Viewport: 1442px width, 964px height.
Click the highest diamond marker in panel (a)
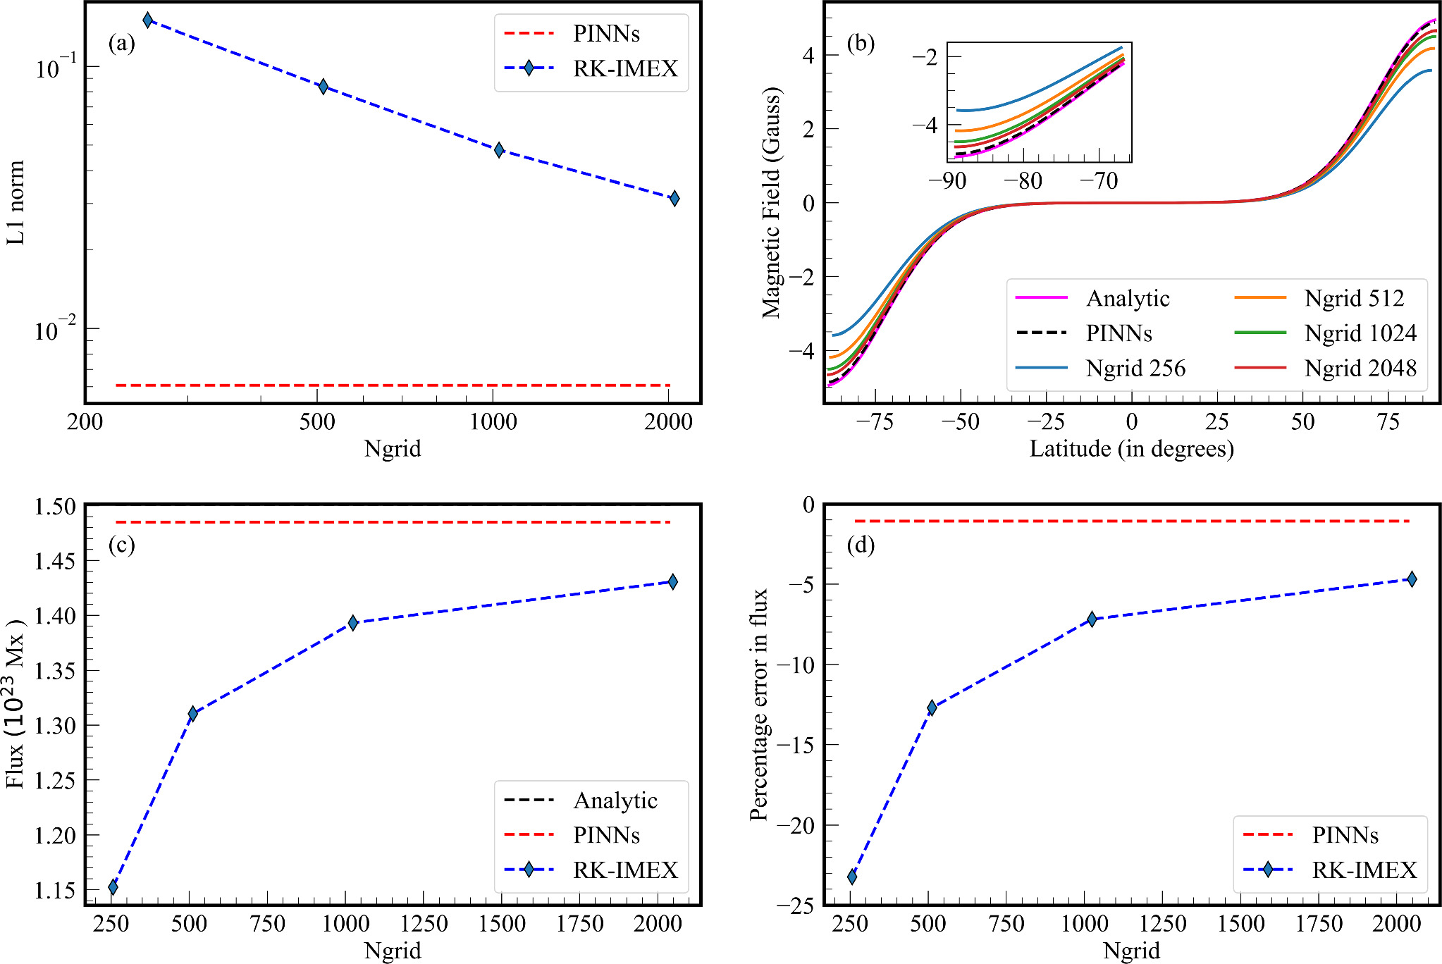tap(147, 20)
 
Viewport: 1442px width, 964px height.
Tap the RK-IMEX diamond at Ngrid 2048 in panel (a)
tap(674, 198)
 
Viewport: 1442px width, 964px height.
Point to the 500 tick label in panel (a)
tap(316, 422)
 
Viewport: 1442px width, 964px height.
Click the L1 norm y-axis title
tap(16, 202)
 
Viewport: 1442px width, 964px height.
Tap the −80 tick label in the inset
tap(1023, 181)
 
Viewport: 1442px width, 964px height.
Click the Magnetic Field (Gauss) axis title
tap(772, 202)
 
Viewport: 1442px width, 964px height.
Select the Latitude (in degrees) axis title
tap(1131, 449)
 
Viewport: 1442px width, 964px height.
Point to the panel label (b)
tap(861, 44)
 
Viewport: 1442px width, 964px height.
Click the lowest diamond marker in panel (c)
tap(113, 886)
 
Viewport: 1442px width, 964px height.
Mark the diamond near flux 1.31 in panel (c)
tap(193, 713)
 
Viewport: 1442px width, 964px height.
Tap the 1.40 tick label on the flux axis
tap(55, 616)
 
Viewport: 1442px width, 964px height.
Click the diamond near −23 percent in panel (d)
tap(852, 877)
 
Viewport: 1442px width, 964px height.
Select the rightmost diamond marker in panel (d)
tap(1412, 579)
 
